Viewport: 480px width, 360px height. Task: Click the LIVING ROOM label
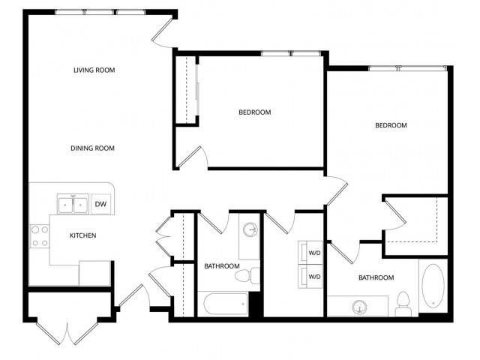coord(94,70)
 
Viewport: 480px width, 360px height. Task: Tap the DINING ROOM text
coord(92,148)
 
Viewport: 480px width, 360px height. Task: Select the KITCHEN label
coord(82,235)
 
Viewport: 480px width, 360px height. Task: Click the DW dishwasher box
coord(100,204)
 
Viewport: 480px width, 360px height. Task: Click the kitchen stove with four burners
coord(39,236)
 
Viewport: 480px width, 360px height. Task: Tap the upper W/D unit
coord(310,253)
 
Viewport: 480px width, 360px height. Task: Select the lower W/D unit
coord(310,277)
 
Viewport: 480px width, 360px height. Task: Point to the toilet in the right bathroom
coord(403,301)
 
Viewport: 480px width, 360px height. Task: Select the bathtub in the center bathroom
coord(224,304)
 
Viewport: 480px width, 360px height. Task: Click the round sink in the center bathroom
coord(250,229)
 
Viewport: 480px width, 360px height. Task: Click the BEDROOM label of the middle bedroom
coord(254,112)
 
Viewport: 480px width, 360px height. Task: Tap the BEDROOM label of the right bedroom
coord(391,125)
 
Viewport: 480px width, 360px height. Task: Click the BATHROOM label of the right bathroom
coord(376,278)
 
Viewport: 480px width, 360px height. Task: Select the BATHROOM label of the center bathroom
coord(222,266)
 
